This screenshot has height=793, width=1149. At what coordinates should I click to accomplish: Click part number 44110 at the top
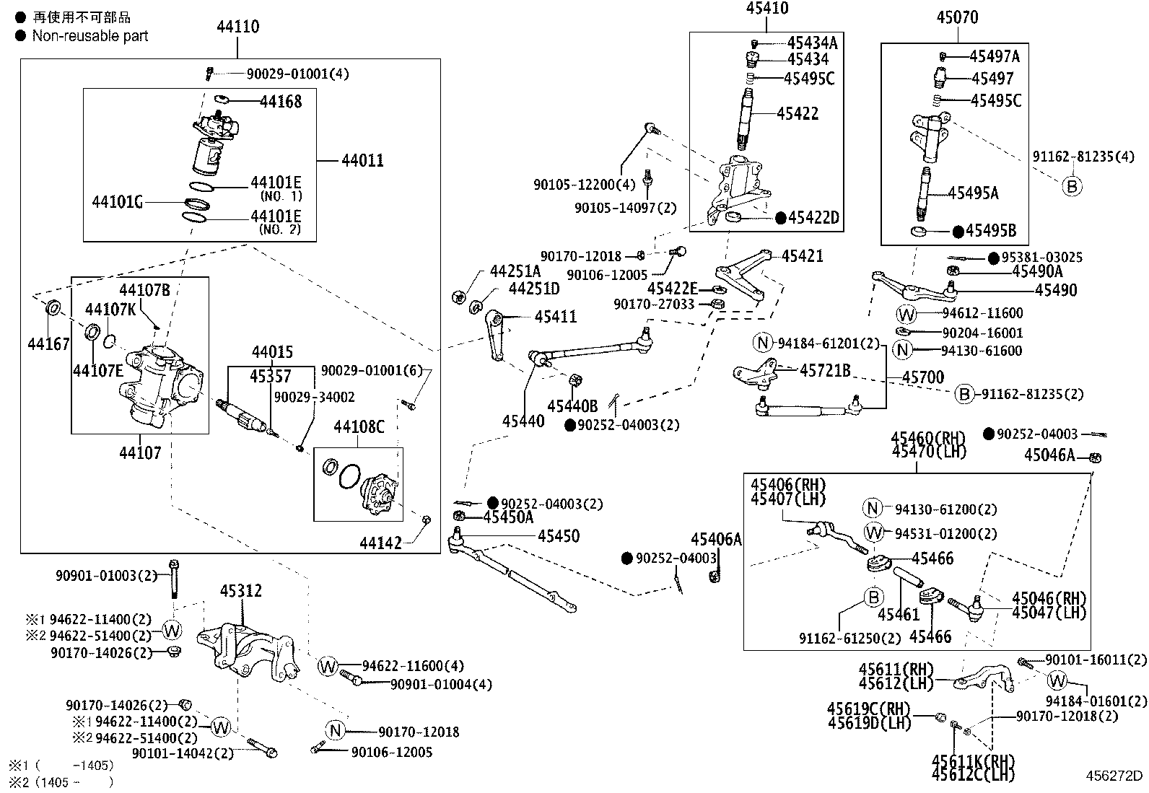[238, 27]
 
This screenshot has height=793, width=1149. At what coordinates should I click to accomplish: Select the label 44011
[362, 161]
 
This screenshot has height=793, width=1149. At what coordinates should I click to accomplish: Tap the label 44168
[281, 102]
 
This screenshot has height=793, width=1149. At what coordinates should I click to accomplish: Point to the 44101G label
[118, 202]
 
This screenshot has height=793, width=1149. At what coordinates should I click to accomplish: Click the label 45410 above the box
[767, 8]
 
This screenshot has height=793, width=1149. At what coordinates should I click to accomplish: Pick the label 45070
[957, 17]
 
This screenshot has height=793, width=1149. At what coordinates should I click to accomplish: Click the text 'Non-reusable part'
[90, 36]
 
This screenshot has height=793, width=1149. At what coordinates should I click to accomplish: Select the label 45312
[241, 591]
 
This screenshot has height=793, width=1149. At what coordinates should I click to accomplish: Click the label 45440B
[572, 407]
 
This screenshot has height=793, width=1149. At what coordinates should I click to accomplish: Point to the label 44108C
[359, 426]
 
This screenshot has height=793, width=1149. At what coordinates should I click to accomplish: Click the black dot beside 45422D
[781, 219]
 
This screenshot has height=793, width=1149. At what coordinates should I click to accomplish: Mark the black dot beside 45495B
[958, 232]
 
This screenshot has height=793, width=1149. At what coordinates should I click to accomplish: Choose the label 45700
[923, 377]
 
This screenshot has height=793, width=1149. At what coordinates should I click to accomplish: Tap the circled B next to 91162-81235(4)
[1072, 186]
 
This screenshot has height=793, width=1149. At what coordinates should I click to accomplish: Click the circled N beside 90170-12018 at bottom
[335, 730]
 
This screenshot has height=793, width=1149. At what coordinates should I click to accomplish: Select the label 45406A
[716, 540]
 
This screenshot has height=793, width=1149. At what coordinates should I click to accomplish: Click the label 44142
[380, 543]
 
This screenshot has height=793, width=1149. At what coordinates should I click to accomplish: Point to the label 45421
[803, 256]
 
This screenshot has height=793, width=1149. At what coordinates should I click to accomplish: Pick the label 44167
[49, 344]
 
